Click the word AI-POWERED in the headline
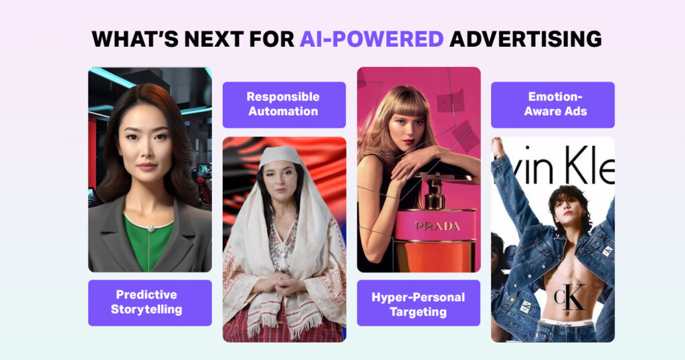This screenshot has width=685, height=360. coord(371,39)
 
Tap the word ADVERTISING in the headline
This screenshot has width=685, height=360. coord(525,39)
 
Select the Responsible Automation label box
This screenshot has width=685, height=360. coord(284,104)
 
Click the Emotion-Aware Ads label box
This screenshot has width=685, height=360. coord(553,104)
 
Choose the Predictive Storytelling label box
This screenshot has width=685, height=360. coord(150,302)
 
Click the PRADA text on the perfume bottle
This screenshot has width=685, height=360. coord(437,226)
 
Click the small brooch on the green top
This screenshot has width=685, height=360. coord(151,228)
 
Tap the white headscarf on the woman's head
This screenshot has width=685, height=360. coord(282,155)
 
